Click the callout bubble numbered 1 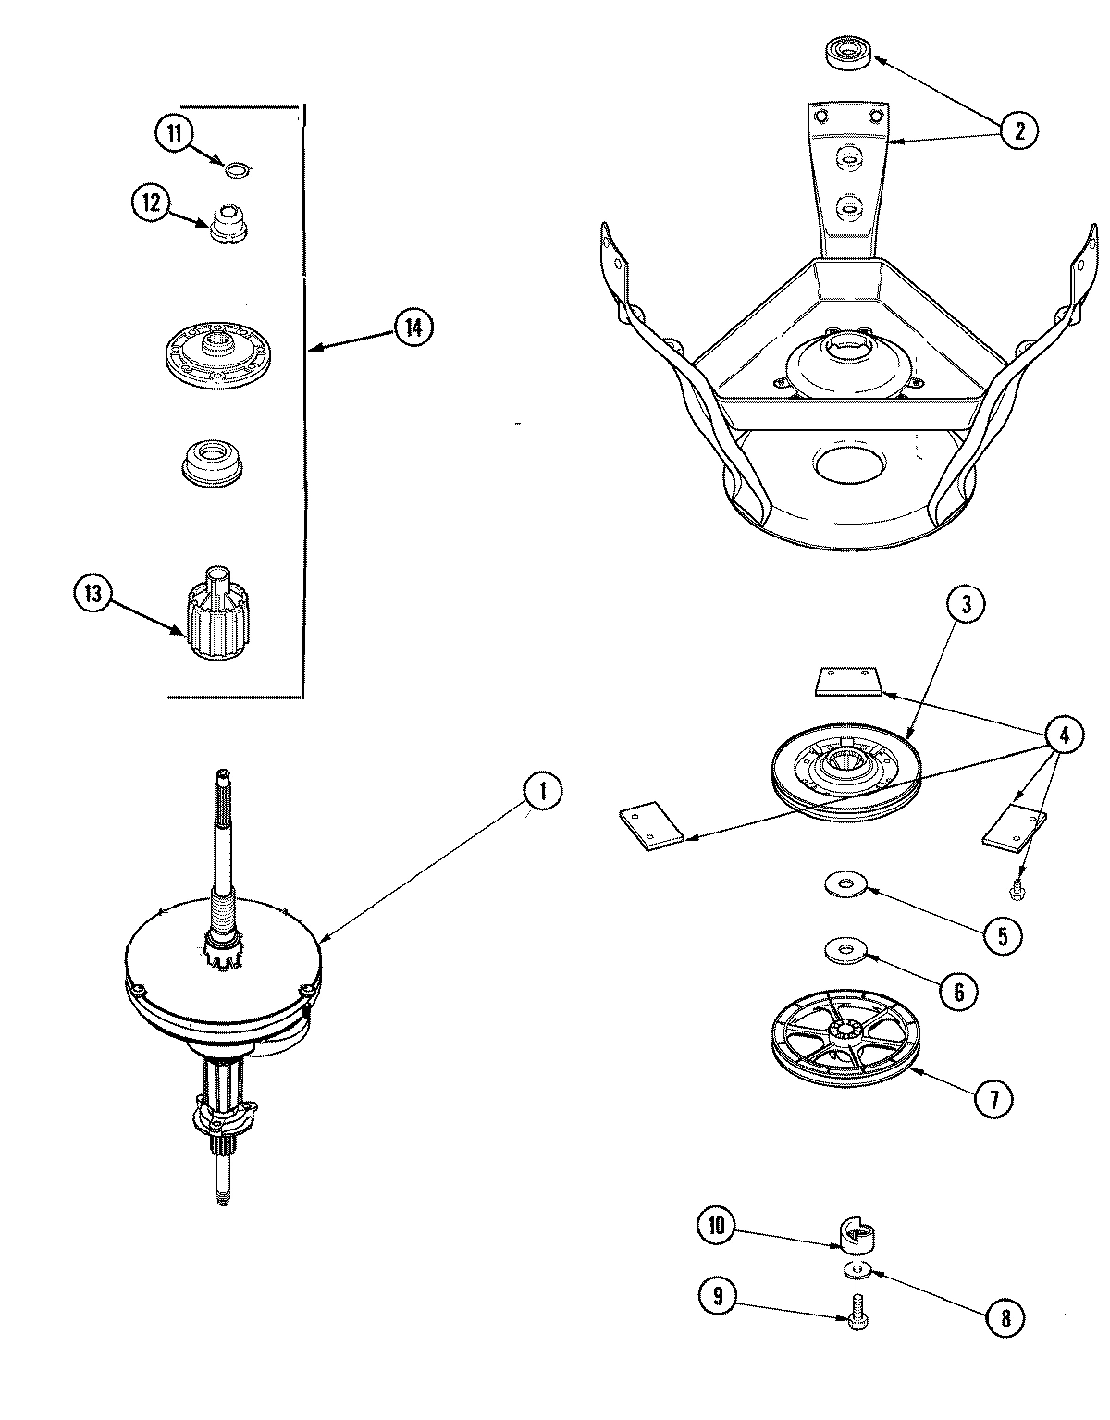543,791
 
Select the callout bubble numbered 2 1018,130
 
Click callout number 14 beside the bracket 413,327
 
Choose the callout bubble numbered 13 93,593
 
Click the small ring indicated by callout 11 237,168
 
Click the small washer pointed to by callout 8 856,1271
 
